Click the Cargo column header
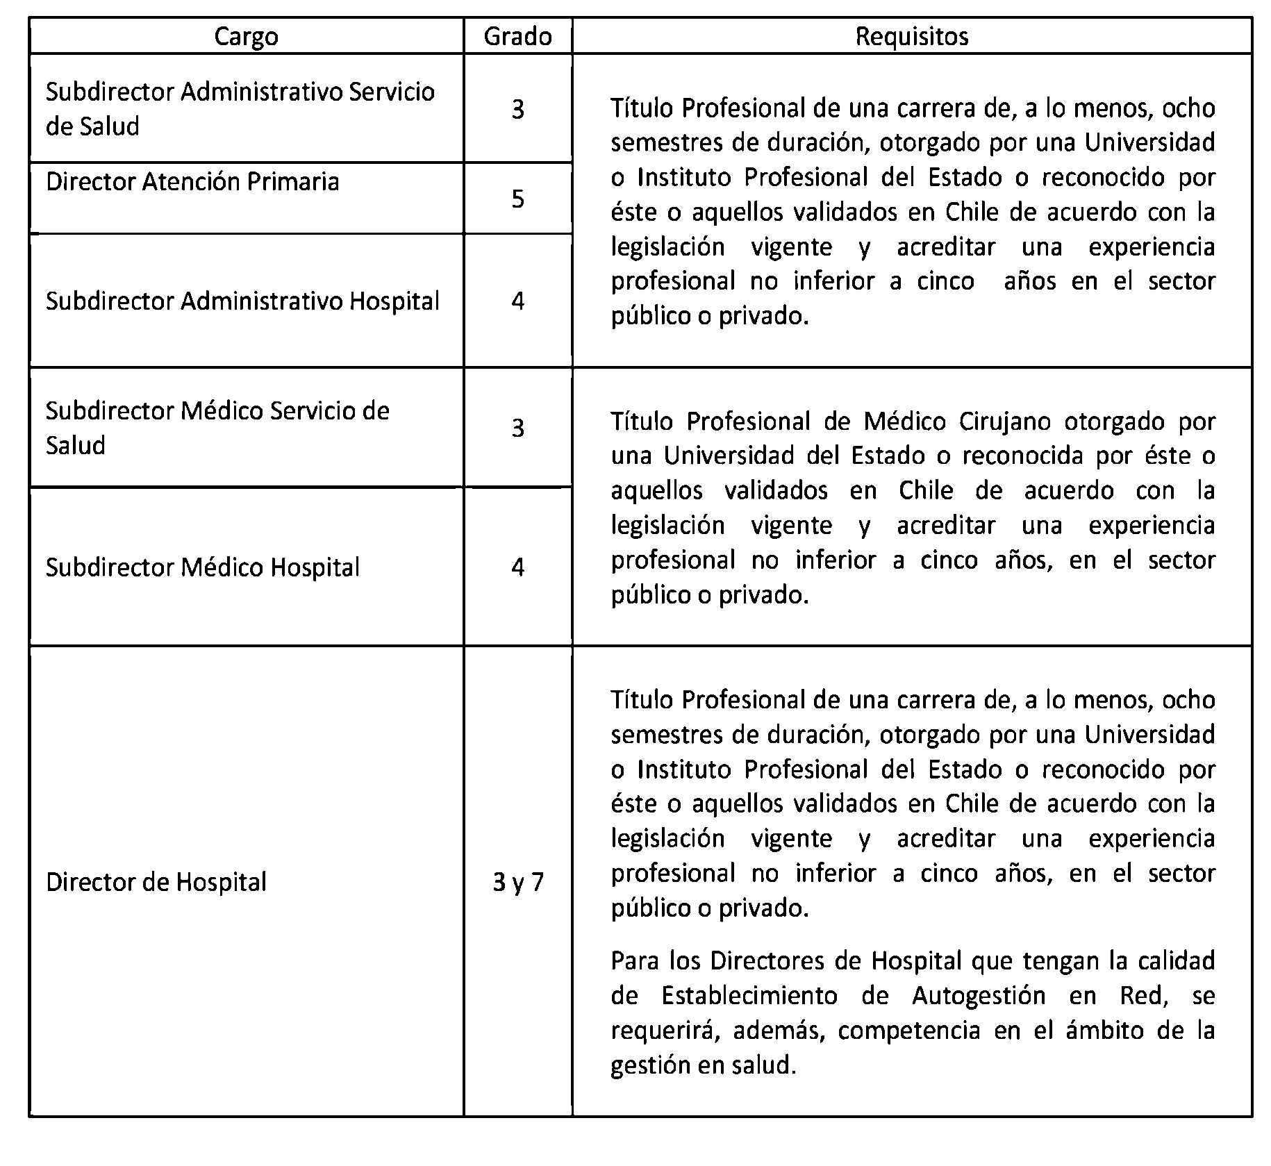[x=246, y=36]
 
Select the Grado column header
[x=517, y=36]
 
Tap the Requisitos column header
[x=911, y=36]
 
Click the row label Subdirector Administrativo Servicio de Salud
[x=240, y=108]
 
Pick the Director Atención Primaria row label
[x=192, y=182]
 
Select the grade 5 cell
[x=517, y=199]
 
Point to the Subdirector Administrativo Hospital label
[x=242, y=301]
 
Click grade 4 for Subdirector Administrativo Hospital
[x=517, y=301]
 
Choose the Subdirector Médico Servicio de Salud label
[x=217, y=427]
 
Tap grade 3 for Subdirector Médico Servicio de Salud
[x=517, y=427]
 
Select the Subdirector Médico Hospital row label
[x=202, y=567]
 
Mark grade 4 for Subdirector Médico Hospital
[x=517, y=567]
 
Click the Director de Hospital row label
[x=156, y=882]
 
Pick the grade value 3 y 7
[x=517, y=882]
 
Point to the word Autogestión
[x=979, y=996]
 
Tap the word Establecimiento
[x=749, y=996]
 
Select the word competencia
[x=908, y=1031]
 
